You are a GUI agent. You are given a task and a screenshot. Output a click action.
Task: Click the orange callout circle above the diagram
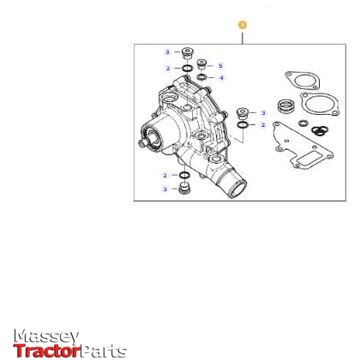[x=243, y=26]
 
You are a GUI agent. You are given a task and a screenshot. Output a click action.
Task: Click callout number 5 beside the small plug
[x=219, y=66]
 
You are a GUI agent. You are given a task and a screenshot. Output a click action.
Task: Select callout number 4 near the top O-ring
[x=220, y=78]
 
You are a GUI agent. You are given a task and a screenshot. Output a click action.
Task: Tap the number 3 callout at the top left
[x=167, y=52]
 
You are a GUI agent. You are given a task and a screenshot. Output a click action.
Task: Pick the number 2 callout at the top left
[x=167, y=68]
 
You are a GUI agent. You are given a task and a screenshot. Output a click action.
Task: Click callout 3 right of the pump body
[x=263, y=113]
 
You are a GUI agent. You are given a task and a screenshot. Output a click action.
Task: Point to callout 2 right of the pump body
[x=263, y=125]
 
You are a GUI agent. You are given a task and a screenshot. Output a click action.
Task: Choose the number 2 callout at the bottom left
[x=165, y=176]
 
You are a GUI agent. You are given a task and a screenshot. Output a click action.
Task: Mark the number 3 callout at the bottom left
[x=165, y=188]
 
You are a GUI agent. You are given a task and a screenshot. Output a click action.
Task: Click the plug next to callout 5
[x=203, y=65]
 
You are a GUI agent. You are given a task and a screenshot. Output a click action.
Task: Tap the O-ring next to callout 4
[x=203, y=78]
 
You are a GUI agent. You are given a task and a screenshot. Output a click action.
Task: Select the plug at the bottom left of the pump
[x=183, y=188]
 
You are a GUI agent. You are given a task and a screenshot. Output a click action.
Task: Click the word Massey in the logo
[x=47, y=337]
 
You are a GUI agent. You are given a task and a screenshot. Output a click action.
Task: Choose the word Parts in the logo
[x=104, y=351]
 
